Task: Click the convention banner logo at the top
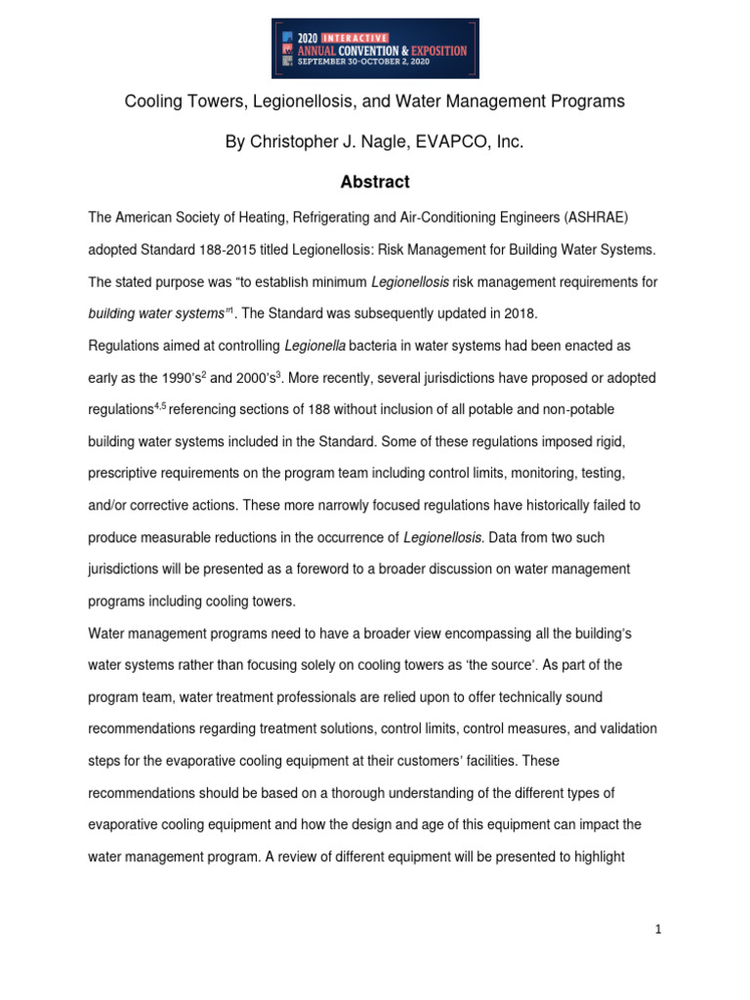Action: (x=375, y=48)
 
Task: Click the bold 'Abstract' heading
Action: (x=375, y=183)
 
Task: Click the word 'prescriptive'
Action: (x=130, y=473)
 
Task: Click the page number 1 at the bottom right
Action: (x=659, y=931)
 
